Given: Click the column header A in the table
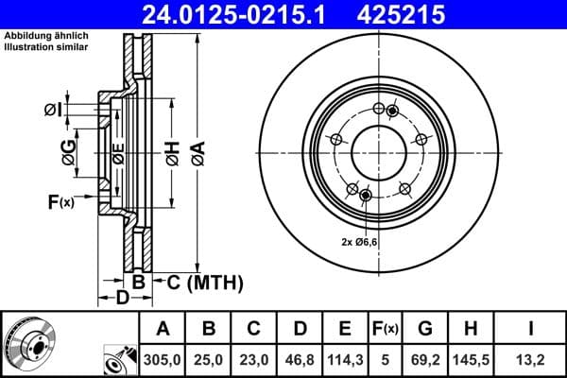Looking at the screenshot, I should [x=163, y=328].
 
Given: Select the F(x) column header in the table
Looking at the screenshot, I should [x=386, y=329].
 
